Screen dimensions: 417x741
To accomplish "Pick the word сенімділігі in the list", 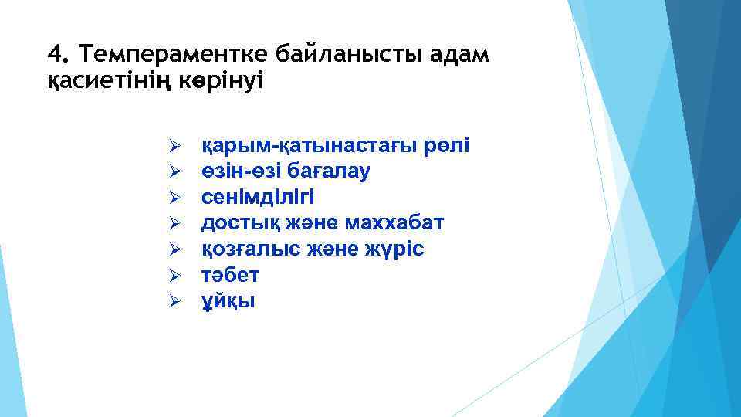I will point(258,197).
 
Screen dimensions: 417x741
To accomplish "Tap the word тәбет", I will point(230,275).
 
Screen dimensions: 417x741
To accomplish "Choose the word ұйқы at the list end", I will point(228,301).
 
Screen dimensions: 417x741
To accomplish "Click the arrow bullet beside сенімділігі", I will point(174,198).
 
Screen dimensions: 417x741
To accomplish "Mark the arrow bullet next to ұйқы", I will point(174,301).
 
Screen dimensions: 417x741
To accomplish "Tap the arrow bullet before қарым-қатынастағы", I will point(174,146).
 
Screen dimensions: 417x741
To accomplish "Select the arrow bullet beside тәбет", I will point(174,275).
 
